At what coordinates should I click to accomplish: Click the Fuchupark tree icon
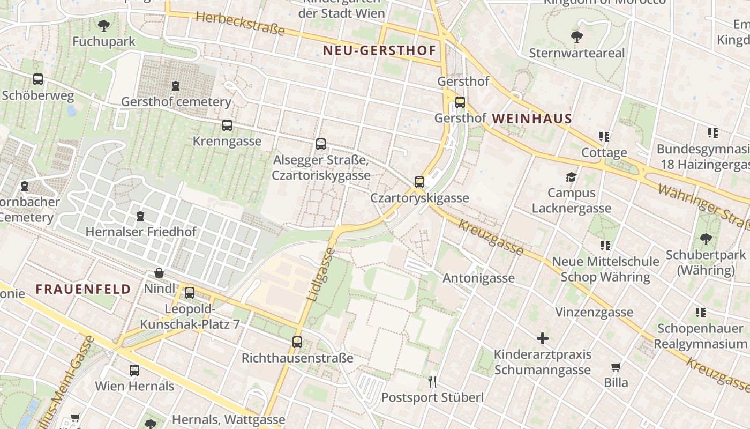point(104,25)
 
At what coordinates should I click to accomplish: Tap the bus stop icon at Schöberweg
point(38,79)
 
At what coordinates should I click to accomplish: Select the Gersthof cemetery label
point(176,102)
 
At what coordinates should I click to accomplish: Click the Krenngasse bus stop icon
point(227,125)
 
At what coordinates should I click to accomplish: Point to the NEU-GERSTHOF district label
point(379,51)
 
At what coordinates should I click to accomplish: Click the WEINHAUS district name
point(531,119)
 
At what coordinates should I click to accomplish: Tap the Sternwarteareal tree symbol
point(576,37)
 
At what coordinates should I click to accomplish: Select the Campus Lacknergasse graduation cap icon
point(572,177)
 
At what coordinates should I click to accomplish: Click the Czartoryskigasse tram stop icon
point(419,182)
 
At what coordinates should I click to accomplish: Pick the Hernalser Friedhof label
point(141,232)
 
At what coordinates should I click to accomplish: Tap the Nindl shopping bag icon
point(159,273)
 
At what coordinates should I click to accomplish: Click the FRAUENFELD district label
point(83,289)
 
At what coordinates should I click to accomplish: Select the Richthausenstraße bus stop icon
point(297,342)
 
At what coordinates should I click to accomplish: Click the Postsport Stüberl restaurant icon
point(432,382)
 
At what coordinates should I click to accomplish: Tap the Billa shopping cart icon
point(616,367)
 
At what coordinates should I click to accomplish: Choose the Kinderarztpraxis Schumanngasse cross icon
point(543,338)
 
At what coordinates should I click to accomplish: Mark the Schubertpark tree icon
point(706,239)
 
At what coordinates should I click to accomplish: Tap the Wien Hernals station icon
point(134,370)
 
